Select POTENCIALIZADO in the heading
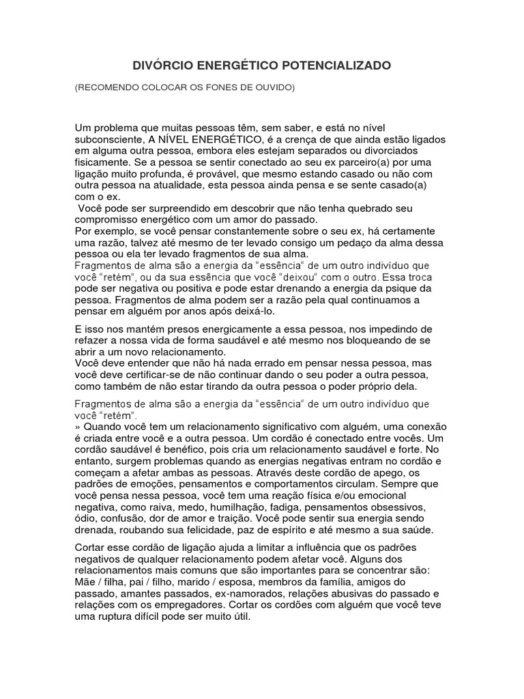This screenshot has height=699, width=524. (336, 66)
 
